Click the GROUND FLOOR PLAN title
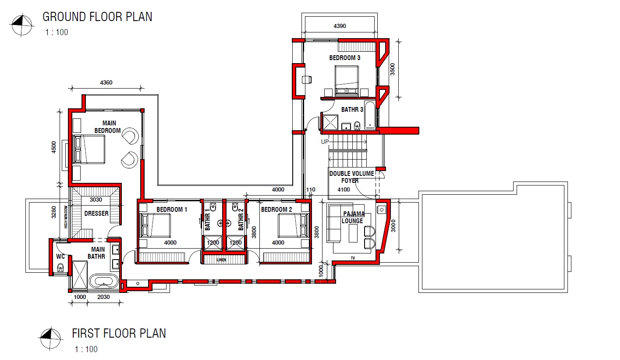coord(97,17)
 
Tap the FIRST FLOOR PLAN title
coord(119,333)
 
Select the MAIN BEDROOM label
coord(108,127)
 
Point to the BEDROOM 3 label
coord(344,58)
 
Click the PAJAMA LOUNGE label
coord(353,217)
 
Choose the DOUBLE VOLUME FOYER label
coord(351,177)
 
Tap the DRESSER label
coord(96,214)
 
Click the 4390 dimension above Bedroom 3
coord(340,26)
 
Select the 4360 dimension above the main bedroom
coord(106,82)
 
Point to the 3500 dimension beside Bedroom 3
coord(393,69)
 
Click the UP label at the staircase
coord(325,142)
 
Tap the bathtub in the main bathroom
coord(104,282)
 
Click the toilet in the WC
coord(60,267)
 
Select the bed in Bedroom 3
coord(347,80)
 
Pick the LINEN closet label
coord(221,260)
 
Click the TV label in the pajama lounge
coord(353,258)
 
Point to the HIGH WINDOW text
coord(66,217)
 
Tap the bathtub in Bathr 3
coord(370,115)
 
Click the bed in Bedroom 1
coord(155,225)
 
